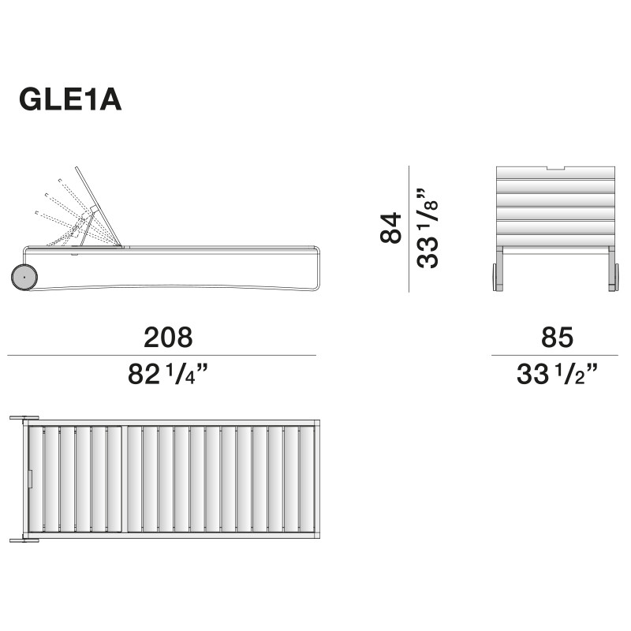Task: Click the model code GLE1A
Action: [x=70, y=100]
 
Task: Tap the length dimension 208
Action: [x=168, y=338]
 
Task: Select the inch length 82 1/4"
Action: [x=167, y=374]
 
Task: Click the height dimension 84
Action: [x=390, y=228]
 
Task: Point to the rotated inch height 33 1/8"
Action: [x=428, y=228]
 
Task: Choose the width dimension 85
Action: [x=557, y=338]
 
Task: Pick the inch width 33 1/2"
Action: [x=557, y=374]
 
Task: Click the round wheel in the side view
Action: [x=24, y=278]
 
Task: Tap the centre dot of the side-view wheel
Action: [x=24, y=278]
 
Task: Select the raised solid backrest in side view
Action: [x=98, y=206]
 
